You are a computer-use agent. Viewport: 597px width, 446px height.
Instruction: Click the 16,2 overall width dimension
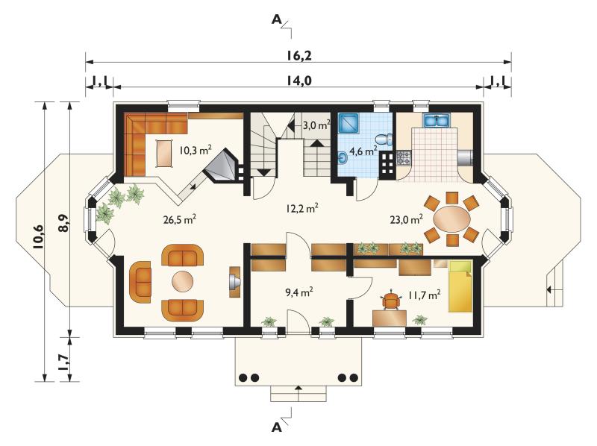coord(299,56)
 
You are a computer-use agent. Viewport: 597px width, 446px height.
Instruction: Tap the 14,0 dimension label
coord(298,81)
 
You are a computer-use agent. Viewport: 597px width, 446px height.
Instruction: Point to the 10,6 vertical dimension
coord(40,237)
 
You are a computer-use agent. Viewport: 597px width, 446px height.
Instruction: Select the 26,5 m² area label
coord(180,219)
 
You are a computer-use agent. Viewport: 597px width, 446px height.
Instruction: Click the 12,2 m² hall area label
coord(301,208)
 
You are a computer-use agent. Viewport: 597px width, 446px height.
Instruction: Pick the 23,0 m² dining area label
coord(407,219)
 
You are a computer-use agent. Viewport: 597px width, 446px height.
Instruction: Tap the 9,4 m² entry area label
coord(299,292)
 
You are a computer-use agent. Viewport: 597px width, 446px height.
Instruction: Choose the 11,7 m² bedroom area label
coord(425,295)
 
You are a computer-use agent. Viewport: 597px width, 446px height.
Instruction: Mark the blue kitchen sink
coord(437,120)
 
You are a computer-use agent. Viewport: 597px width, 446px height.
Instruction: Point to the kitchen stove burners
coord(404,157)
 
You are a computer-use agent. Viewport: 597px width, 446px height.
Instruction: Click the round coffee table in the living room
coord(183,282)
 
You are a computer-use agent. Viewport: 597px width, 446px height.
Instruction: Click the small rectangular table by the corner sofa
coord(164,154)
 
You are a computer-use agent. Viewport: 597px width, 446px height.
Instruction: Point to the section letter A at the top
coord(276,19)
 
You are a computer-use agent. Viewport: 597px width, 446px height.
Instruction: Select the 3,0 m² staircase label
coord(316,125)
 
